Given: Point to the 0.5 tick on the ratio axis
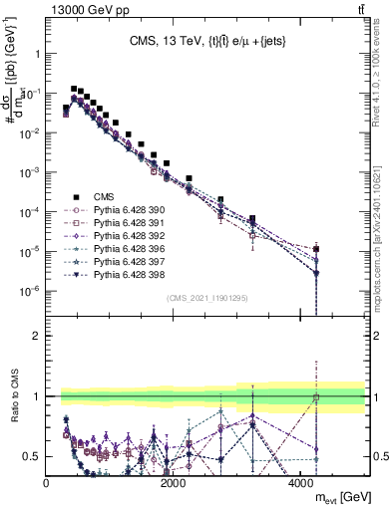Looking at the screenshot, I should [x=33, y=456].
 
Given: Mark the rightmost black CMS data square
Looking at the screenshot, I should [x=316, y=249].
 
